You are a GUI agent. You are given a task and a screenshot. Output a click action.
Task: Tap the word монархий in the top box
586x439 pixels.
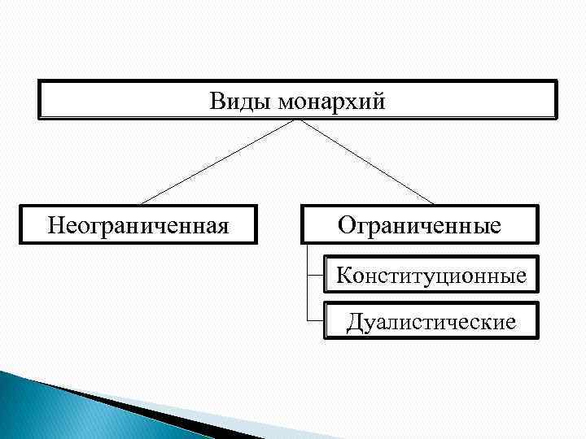pyautogui.click(x=331, y=102)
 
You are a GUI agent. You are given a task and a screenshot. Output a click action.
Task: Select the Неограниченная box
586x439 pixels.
pyautogui.click(x=138, y=223)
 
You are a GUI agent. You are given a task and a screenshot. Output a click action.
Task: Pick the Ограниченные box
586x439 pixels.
pyautogui.click(x=419, y=223)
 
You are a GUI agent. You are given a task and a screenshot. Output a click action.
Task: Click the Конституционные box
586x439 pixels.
pyautogui.click(x=431, y=276)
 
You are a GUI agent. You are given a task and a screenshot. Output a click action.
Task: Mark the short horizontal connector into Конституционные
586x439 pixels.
pyautogui.click(x=315, y=276)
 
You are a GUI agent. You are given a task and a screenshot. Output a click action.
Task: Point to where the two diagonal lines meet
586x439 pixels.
pyautogui.click(x=297, y=120)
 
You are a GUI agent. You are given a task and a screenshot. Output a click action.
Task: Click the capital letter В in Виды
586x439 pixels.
pyautogui.click(x=217, y=102)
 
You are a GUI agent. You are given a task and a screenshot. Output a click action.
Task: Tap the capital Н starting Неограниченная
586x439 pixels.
pyautogui.click(x=55, y=223)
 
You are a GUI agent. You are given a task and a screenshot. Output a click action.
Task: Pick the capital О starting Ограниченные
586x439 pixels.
pyautogui.click(x=346, y=223)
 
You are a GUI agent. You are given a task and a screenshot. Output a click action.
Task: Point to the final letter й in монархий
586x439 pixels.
pyautogui.click(x=378, y=102)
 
